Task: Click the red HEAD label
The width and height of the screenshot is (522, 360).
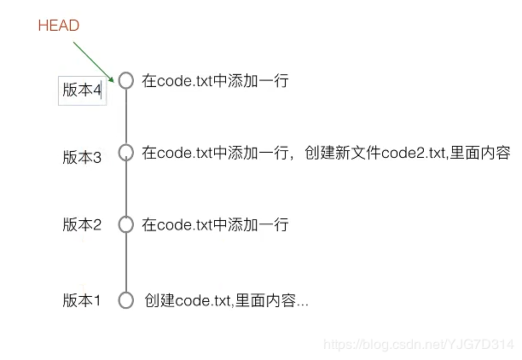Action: pyautogui.click(x=58, y=26)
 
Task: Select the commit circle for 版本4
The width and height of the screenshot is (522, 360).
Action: pyautogui.click(x=126, y=80)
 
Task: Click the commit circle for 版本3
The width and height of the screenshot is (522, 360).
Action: pyautogui.click(x=126, y=153)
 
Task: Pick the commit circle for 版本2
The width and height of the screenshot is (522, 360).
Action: pyautogui.click(x=126, y=225)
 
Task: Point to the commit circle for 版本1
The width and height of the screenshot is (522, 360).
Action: pyautogui.click(x=126, y=300)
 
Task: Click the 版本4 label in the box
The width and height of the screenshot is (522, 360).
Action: pyautogui.click(x=83, y=90)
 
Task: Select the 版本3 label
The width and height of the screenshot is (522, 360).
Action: pyautogui.click(x=82, y=157)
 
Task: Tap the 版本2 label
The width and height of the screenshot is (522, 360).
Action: pyautogui.click(x=82, y=225)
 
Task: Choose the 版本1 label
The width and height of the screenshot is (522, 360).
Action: pyautogui.click(x=82, y=300)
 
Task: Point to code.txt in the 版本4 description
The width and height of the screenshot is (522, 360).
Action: pyautogui.click(x=183, y=81)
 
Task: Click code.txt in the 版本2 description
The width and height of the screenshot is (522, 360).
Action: pyautogui.click(x=183, y=225)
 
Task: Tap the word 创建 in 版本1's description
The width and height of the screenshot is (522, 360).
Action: pyautogui.click(x=159, y=300)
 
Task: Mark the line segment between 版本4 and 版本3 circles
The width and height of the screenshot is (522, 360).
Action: pyautogui.click(x=126, y=117)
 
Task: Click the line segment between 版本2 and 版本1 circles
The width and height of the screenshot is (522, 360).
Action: pyautogui.click(x=126, y=263)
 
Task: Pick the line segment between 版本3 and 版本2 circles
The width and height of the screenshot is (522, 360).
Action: pyautogui.click(x=126, y=189)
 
